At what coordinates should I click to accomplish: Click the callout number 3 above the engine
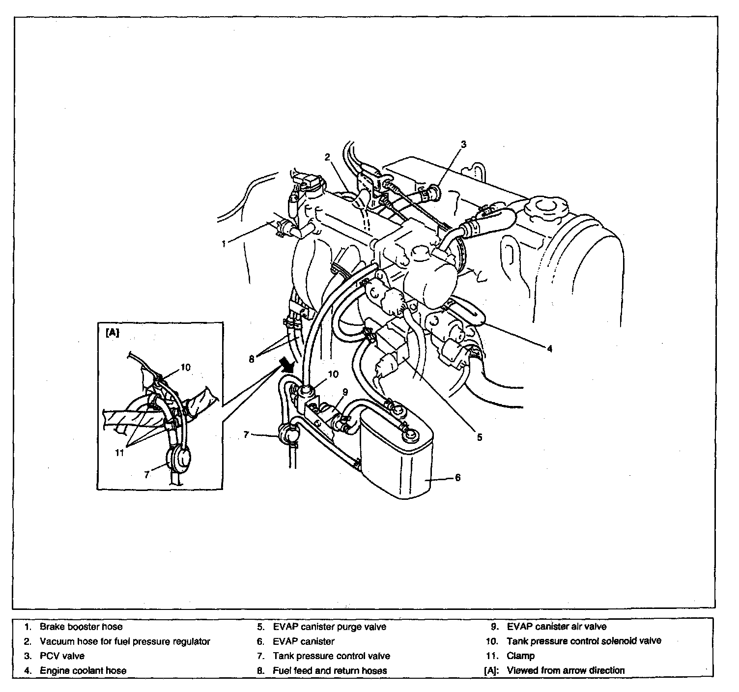[463, 144]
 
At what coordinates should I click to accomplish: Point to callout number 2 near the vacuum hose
[327, 157]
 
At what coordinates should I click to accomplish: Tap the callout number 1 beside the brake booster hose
[224, 244]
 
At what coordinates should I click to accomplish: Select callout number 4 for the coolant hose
[550, 349]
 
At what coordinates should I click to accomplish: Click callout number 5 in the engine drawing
[480, 437]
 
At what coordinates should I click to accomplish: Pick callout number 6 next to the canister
[457, 478]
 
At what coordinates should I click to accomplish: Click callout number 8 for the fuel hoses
[252, 360]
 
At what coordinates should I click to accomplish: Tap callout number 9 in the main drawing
[345, 392]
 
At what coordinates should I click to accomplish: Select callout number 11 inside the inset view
[119, 453]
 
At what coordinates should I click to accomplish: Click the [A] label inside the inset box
[113, 333]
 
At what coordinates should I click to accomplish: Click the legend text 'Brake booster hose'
[81, 627]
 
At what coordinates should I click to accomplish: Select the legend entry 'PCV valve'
[62, 656]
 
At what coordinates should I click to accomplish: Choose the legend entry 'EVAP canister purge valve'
[330, 627]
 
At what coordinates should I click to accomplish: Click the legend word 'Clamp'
[520, 656]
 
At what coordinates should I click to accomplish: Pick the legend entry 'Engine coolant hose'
[83, 670]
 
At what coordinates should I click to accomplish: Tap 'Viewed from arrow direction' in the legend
[566, 670]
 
